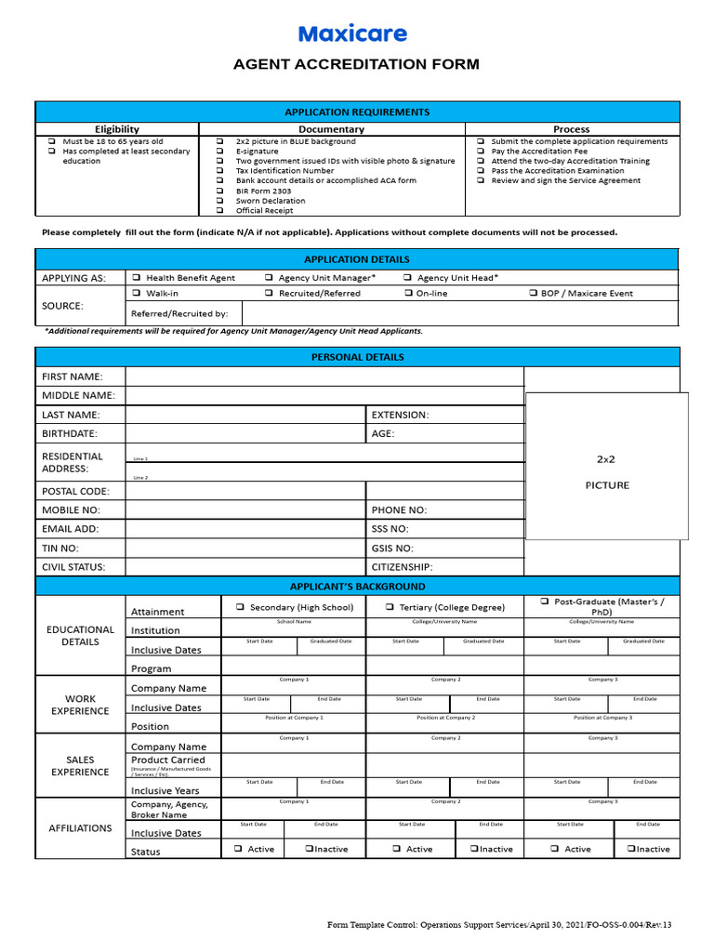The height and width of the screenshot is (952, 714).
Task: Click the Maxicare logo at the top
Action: pyautogui.click(x=352, y=34)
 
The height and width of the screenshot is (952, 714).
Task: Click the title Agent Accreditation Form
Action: pyautogui.click(x=356, y=64)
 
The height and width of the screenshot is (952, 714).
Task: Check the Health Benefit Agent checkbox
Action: pyautogui.click(x=136, y=277)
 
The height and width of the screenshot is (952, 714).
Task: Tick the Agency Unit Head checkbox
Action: pyautogui.click(x=408, y=277)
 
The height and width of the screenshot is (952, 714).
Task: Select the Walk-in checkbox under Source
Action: pyautogui.click(x=136, y=293)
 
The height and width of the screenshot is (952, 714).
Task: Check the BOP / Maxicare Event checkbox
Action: pyautogui.click(x=533, y=293)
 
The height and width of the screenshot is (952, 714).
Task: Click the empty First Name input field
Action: pyautogui.click(x=324, y=376)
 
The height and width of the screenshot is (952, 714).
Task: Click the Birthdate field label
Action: pyautogui.click(x=69, y=433)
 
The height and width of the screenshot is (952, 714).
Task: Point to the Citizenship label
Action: pyautogui.click(x=402, y=566)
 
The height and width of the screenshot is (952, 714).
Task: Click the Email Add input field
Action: pyautogui.click(x=245, y=528)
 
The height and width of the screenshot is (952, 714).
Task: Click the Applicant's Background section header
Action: pyautogui.click(x=357, y=587)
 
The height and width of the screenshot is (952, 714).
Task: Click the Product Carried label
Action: pyautogui.click(x=167, y=760)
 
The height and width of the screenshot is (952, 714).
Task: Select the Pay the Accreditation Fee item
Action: pyautogui.click(x=538, y=151)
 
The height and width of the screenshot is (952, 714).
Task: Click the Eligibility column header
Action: pyautogui.click(x=117, y=129)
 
